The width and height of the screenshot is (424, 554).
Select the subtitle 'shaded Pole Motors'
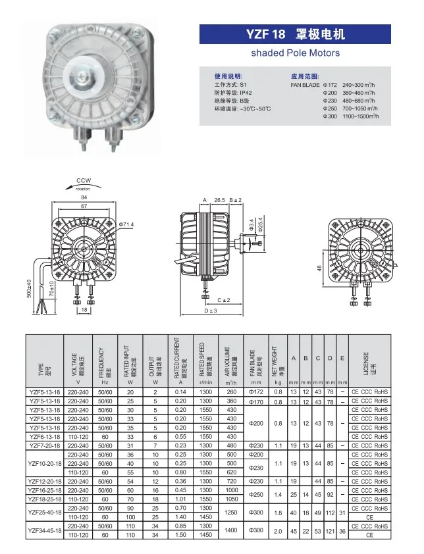coord(296,53)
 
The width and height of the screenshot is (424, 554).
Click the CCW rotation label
coord(84,180)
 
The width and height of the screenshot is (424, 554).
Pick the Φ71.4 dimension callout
coord(126,224)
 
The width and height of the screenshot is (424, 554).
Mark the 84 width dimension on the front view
coord(84,197)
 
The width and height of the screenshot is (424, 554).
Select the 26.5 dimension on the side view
coord(220,199)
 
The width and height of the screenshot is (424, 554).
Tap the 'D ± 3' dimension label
coord(210,310)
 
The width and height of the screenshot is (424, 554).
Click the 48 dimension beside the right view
coord(319,268)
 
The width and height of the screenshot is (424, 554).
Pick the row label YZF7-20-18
coord(45,445)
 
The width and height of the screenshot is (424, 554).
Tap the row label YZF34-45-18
coord(45,530)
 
